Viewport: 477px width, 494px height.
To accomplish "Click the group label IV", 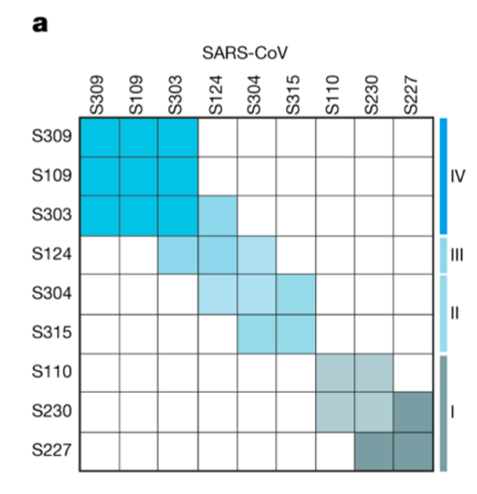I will (457, 176).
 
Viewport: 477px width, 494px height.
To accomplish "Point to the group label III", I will (457, 255).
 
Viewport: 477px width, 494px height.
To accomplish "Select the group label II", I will (457, 313).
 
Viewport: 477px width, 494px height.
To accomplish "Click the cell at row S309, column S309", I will (100, 138).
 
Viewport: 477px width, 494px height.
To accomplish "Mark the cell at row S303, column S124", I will (217, 215).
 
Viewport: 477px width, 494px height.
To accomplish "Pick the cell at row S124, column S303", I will (178, 255).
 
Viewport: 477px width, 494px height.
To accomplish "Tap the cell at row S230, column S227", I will (413, 412).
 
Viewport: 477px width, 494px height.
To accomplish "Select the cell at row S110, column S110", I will (335, 372).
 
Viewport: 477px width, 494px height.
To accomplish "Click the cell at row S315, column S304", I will (256, 333).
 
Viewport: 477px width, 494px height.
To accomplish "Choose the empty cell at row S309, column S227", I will (413, 138).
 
